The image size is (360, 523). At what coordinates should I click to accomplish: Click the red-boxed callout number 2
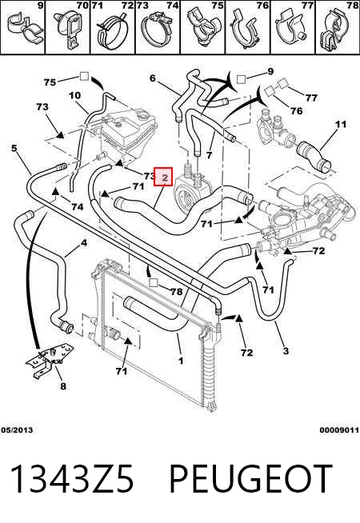163,177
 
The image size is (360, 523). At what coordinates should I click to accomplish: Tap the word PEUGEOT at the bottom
251,479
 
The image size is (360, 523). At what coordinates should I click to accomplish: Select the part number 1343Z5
72,479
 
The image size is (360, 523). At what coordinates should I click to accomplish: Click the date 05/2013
17,430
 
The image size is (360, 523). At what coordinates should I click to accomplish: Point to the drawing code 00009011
339,430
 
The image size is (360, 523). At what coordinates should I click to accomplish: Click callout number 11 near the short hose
340,125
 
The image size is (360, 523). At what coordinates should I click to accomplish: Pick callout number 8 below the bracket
63,386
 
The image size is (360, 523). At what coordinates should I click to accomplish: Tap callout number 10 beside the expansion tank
74,95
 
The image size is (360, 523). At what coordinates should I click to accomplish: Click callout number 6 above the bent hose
153,78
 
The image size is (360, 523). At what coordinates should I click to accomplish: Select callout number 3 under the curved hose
286,350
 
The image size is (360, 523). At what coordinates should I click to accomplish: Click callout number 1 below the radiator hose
181,361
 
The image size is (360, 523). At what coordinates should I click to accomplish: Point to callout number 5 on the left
14,147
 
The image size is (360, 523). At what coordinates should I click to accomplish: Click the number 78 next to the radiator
177,292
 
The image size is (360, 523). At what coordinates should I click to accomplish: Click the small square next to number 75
84,77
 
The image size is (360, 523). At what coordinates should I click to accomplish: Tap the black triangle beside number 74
55,191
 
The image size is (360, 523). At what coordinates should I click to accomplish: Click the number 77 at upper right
311,98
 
